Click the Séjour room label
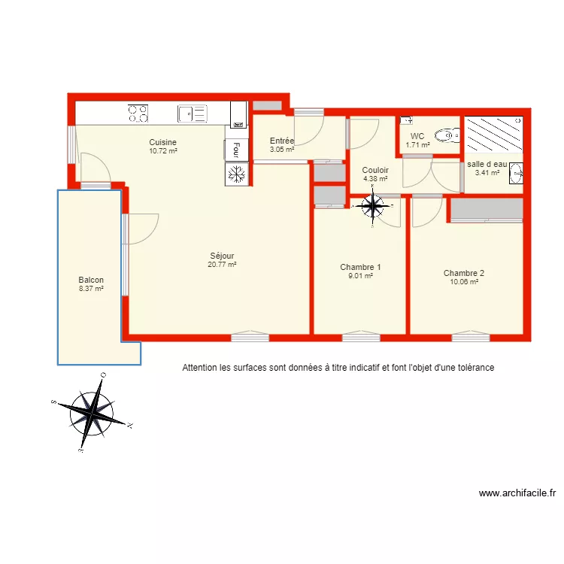click(222, 256)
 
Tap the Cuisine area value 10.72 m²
click(163, 151)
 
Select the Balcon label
click(90, 280)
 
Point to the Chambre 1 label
click(360, 267)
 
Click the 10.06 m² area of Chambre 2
click(463, 282)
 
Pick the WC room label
click(417, 136)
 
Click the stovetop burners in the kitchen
click(138, 114)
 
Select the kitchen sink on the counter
click(192, 114)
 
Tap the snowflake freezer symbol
click(236, 174)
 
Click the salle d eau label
click(487, 164)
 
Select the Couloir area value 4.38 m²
click(375, 179)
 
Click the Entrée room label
click(282, 141)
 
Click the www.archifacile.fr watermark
click(517, 494)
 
